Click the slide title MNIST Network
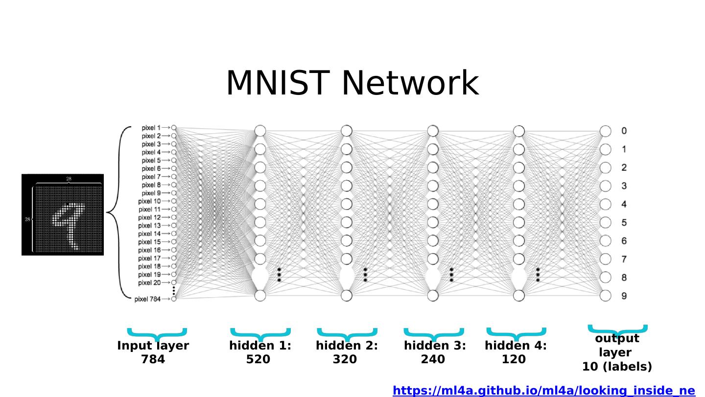[352, 83]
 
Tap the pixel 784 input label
[147, 299]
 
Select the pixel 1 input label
[151, 128]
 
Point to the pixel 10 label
[149, 201]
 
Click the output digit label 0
[624, 131]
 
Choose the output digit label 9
[624, 296]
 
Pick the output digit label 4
[624, 204]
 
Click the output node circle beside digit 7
[606, 259]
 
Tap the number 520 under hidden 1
[258, 359]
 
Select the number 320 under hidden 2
[345, 359]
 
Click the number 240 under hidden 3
[433, 359]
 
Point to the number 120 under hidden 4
[514, 359]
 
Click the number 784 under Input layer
[153, 359]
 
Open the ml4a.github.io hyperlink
[543, 391]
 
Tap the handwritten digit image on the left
[63, 214]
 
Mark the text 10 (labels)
[617, 367]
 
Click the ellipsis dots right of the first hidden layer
[279, 275]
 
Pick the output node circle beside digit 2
[606, 167]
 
